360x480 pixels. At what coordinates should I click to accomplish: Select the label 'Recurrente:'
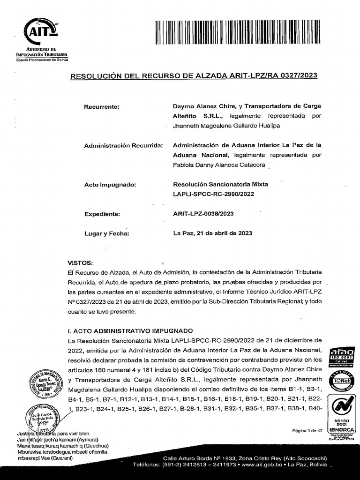(102, 107)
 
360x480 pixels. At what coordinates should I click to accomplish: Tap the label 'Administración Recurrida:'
(123, 146)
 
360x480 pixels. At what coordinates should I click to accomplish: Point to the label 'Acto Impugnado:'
(110, 185)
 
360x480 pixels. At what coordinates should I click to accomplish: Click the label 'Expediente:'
(102, 214)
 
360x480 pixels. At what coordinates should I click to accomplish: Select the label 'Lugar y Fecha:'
(106, 233)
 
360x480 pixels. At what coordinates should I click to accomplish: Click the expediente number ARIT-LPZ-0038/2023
(203, 214)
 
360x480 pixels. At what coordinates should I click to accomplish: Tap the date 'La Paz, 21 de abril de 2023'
(213, 233)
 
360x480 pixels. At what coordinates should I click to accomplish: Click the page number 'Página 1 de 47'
(307, 431)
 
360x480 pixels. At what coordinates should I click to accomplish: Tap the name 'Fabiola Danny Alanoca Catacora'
(219, 165)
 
